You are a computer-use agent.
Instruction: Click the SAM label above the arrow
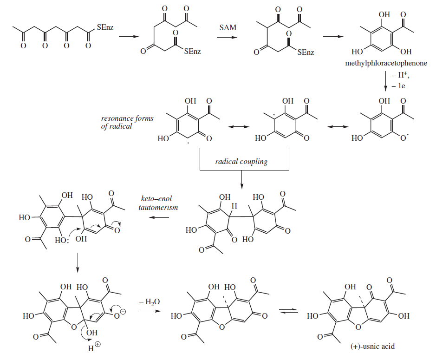tap(228, 28)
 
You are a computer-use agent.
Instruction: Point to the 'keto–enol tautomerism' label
tap(158, 203)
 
